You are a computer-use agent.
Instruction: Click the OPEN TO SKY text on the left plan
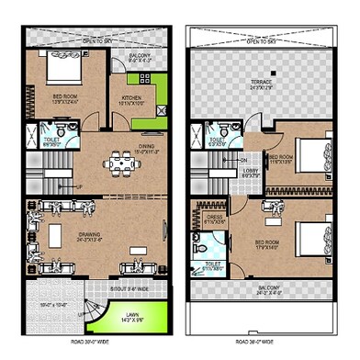point(94,39)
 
